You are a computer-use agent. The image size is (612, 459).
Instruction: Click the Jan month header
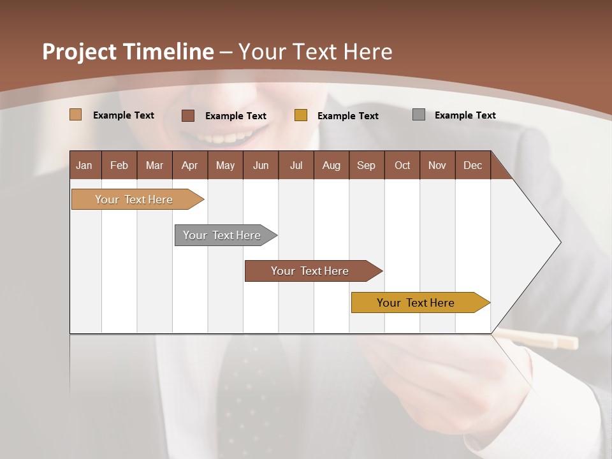[85, 165]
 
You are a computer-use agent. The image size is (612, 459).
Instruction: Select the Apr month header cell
[190, 165]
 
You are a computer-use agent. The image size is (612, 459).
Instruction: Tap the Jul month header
[296, 165]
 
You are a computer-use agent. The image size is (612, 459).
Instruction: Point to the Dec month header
[472, 165]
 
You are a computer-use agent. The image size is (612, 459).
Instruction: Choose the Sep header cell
[366, 165]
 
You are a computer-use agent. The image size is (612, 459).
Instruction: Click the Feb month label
[119, 165]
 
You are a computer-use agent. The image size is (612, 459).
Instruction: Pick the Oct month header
[402, 165]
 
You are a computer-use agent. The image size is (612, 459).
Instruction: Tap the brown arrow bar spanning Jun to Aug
[310, 271]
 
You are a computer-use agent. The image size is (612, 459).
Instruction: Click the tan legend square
[76, 115]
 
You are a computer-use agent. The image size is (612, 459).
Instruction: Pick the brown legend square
[188, 115]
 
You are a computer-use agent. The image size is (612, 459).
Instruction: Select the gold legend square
[301, 115]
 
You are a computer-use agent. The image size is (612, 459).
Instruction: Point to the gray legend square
[419, 115]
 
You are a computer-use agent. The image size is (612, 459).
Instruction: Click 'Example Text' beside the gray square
[465, 115]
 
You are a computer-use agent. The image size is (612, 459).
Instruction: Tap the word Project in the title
[80, 52]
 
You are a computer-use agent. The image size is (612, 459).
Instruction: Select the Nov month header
[437, 165]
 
